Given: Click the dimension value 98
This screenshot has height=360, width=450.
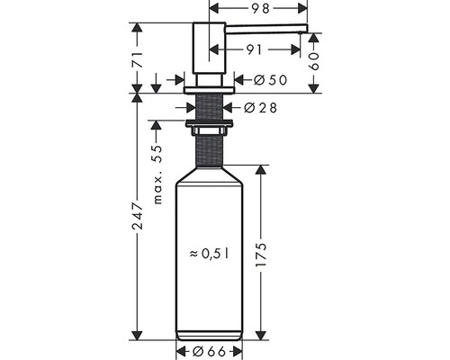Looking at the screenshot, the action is click(261, 9).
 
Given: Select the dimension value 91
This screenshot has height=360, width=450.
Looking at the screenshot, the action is click(255, 49).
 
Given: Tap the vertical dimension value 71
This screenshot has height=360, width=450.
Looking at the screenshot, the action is click(138, 59).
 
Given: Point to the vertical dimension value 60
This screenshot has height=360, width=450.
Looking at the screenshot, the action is click(314, 61).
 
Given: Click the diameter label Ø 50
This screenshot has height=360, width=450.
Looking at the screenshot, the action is click(270, 80).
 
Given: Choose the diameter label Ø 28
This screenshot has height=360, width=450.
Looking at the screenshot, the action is click(260, 108).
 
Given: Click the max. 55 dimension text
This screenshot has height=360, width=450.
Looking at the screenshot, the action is click(157, 175).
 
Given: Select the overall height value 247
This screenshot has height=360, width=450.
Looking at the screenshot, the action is click(138, 216).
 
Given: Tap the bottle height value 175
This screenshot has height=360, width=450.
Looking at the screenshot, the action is click(261, 255).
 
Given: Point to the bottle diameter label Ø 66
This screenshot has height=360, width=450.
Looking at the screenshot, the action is click(209, 351).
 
